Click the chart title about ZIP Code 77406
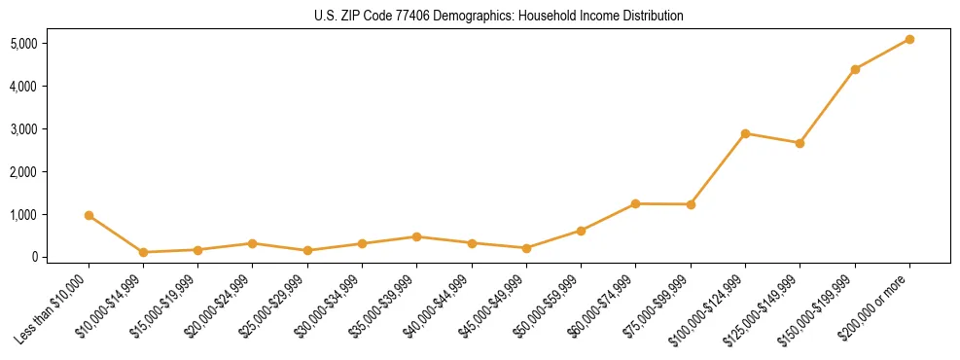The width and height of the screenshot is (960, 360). pos(499,17)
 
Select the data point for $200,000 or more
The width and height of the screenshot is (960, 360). pos(909,39)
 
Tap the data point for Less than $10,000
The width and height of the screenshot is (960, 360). pos(89,215)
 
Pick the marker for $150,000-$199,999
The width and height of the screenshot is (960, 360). pos(855,69)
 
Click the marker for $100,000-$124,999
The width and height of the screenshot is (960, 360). pos(745,133)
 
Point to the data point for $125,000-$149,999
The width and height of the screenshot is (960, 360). pos(800,143)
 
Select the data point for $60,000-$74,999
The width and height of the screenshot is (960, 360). pos(635,203)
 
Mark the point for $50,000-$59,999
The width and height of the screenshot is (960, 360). pos(581,231)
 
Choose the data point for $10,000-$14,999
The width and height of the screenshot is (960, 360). pos(143,252)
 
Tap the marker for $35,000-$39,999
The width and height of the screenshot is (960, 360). pos(416,236)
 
